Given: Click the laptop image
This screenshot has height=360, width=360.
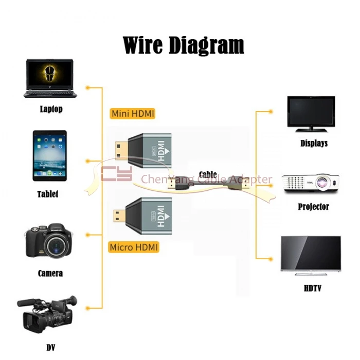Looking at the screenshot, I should click(x=50, y=78).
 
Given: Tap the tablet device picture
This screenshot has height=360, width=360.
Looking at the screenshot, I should click(x=49, y=155).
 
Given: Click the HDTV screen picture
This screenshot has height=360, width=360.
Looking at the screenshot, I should click(x=311, y=254).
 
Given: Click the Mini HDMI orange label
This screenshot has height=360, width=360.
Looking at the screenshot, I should click(x=132, y=114).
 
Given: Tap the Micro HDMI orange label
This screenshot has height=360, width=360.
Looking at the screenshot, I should click(x=134, y=247).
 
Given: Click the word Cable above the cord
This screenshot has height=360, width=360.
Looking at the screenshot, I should click(x=208, y=175).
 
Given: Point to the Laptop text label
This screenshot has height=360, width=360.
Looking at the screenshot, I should click(x=51, y=109).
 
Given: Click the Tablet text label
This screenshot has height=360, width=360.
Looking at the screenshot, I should click(x=48, y=194).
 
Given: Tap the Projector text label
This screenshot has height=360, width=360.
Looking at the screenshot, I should click(x=313, y=207).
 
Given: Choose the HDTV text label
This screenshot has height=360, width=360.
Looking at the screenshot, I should click(x=312, y=289).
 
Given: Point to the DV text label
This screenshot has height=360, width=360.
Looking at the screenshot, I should click(x=50, y=348).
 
